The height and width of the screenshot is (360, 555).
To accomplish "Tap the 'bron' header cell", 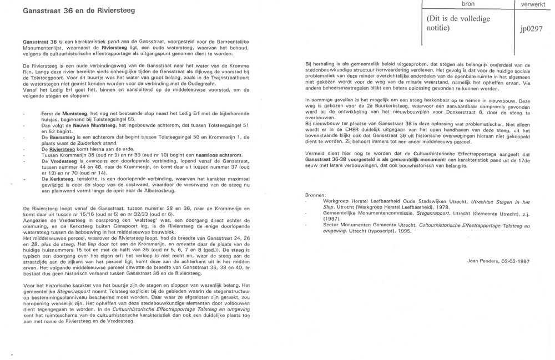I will click(x=462, y=4).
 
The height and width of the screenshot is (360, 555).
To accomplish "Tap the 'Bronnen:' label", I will click(x=318, y=196).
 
